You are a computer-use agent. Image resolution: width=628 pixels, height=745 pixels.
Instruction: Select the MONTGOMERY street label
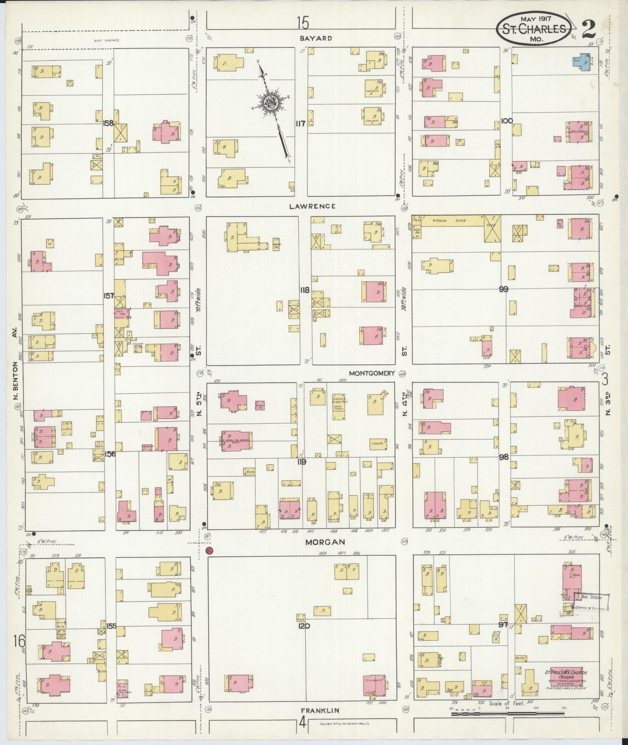tap(371, 373)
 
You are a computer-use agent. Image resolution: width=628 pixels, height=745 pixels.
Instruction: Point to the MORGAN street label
tap(325, 542)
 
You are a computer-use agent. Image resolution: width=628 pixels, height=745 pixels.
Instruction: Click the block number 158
tap(108, 123)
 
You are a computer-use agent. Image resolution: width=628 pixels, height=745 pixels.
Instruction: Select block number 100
tap(506, 121)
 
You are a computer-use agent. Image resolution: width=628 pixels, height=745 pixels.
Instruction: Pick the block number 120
tap(304, 626)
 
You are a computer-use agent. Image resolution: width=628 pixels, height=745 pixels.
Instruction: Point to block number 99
tap(503, 289)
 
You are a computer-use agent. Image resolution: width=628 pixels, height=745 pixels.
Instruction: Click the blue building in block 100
tap(583, 63)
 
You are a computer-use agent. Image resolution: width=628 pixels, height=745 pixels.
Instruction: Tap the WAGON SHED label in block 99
tap(447, 220)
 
